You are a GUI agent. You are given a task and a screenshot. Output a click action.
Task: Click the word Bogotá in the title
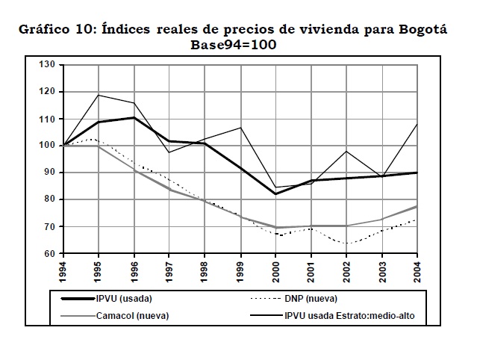[420, 29]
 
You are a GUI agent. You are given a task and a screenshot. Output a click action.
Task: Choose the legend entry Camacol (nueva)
[132, 315]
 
